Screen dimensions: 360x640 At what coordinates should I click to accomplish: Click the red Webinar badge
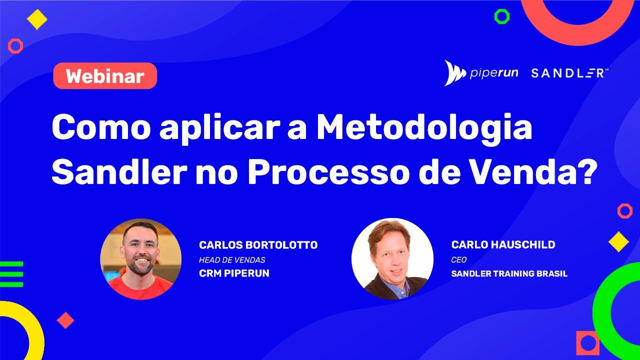pos(105,76)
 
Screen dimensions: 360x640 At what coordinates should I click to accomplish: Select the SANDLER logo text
pos(569,73)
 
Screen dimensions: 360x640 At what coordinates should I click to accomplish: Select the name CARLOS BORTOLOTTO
pos(258,245)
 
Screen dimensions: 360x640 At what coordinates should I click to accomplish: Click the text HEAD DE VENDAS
pos(232,260)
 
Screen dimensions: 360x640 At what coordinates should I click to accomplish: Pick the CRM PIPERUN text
pos(234,273)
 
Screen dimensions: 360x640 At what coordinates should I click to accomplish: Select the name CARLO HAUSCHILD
pos(503,245)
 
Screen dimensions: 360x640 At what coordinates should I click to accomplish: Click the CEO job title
pos(458,260)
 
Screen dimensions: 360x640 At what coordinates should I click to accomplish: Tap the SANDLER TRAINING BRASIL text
pos(509,274)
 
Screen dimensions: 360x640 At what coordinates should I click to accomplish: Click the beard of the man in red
pos(141,267)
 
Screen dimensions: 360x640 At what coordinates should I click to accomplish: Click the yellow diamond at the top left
pos(37,20)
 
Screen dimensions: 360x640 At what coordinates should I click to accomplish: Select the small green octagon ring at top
pos(501,16)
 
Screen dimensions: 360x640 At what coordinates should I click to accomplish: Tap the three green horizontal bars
pos(11,274)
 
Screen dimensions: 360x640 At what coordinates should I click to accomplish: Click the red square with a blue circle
pos(587,343)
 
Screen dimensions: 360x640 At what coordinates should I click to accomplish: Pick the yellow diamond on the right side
pos(618,241)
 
